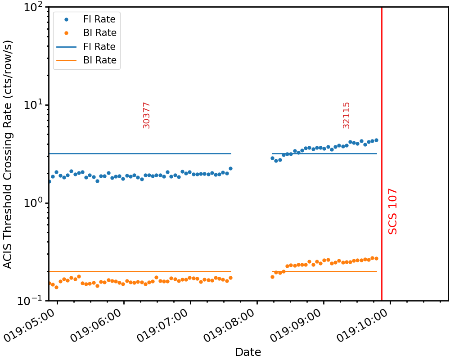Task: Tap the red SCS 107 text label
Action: point(393,211)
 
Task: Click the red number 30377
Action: point(146,115)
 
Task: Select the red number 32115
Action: point(346,115)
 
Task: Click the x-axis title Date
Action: point(248,352)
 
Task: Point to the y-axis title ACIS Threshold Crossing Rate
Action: point(8,154)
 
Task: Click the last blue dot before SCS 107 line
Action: point(376,140)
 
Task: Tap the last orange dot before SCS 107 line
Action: point(376,258)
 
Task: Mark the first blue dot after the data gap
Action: point(272,158)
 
